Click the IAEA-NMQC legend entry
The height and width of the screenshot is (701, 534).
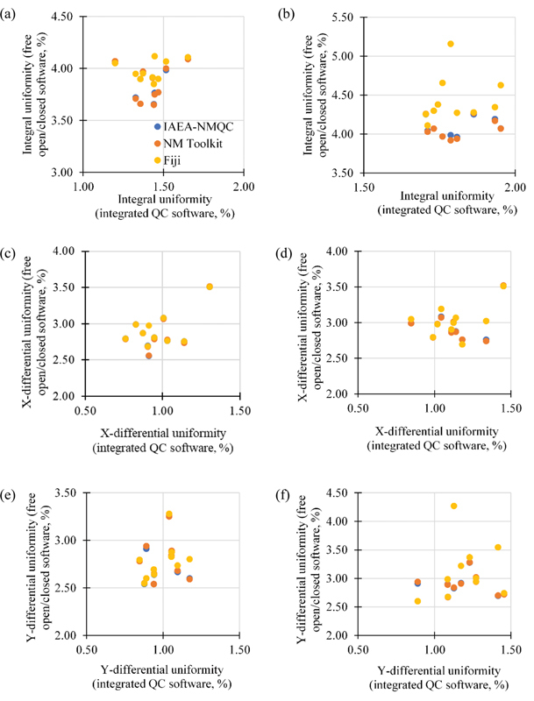click(194, 126)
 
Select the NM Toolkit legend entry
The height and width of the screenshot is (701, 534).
click(189, 144)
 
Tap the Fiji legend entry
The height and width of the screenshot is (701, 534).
click(167, 160)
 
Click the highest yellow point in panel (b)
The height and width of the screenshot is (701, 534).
click(451, 44)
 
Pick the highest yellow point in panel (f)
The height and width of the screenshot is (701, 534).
click(453, 506)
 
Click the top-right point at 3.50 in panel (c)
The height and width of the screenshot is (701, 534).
click(210, 287)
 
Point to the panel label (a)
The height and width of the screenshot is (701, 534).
click(8, 15)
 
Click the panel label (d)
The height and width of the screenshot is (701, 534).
click(285, 253)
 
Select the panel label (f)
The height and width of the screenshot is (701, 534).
click(284, 495)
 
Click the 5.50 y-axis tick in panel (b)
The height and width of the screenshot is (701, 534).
click(343, 18)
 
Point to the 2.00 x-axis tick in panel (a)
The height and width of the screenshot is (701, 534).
click(244, 186)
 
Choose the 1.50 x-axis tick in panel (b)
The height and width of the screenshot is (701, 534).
click(364, 188)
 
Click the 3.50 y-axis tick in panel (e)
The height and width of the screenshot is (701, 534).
click(66, 492)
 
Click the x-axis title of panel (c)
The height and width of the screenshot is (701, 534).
click(163, 440)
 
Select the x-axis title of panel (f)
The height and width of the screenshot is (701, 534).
click(438, 677)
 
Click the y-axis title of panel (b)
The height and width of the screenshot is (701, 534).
click(314, 95)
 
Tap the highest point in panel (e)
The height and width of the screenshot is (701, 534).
click(169, 514)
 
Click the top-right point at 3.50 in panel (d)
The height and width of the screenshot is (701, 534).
click(503, 286)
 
